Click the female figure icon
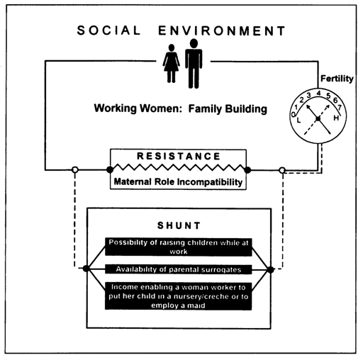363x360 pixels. coord(171,63)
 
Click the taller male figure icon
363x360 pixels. coord(194,63)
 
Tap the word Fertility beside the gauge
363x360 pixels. coord(337,79)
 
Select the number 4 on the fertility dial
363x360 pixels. coord(319,93)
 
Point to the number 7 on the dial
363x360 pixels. coord(340,108)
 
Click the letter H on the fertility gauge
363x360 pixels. coord(336,118)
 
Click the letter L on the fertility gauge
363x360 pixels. coord(298,120)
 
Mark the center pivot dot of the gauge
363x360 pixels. coord(318,118)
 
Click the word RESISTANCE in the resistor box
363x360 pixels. coord(179,156)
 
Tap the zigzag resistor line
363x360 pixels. coord(179,167)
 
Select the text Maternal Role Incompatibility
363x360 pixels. coord(178,182)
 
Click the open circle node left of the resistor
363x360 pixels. coord(75,169)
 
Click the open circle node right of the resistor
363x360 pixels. coord(282,170)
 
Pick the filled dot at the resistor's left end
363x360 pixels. coord(110,169)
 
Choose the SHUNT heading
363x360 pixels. coord(179,225)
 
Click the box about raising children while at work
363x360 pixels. coord(179,247)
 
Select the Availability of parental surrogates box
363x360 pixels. coord(179,269)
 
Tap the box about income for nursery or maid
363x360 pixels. coord(179,296)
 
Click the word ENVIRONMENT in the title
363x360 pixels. coord(222,31)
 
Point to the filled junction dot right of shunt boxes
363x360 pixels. coord(270,269)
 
